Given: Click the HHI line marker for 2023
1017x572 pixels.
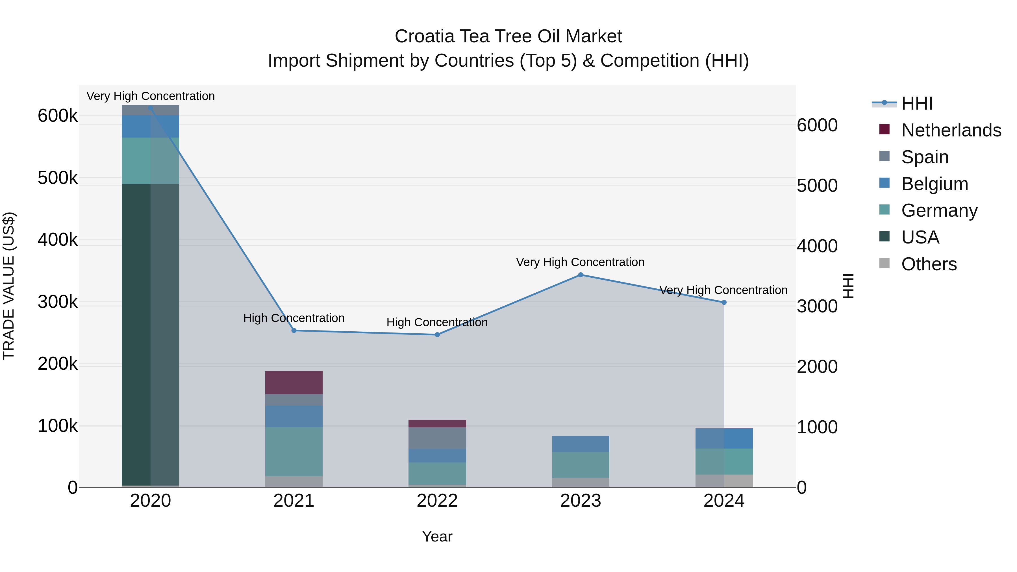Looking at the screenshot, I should point(580,275).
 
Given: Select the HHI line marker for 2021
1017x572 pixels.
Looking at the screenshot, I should point(294,330).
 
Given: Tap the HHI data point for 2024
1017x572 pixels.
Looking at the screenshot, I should point(724,302).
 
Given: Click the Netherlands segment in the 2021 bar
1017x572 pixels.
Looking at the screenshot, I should point(294,382).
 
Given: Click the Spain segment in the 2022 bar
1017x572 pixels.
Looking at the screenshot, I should point(437,438).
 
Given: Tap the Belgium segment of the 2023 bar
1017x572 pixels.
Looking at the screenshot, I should point(580,444).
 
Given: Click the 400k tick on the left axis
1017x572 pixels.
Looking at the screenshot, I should point(58,240).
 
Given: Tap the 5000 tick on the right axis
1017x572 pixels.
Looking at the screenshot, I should point(817,186).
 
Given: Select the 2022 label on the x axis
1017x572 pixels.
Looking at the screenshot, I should point(437,501).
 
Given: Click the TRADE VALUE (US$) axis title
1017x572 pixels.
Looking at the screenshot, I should point(9,286).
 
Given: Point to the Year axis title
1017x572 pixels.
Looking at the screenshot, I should point(437,536).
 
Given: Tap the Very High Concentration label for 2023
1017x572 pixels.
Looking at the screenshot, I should point(580,262).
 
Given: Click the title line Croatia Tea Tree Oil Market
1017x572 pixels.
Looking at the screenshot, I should point(508,36).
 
